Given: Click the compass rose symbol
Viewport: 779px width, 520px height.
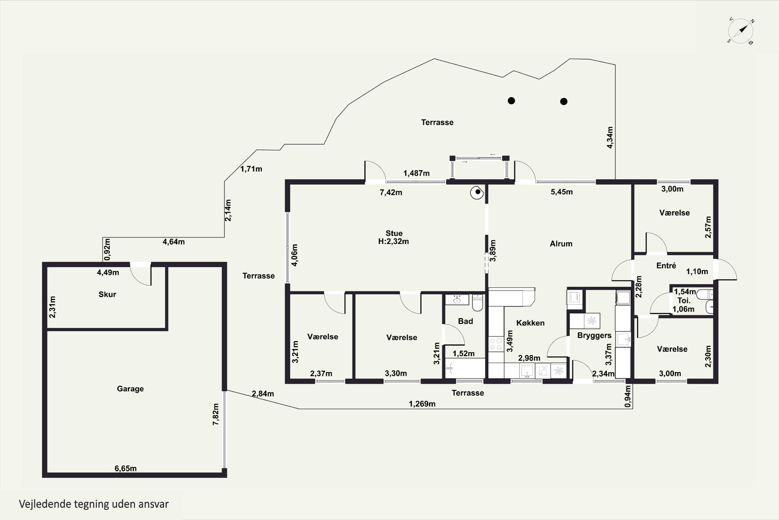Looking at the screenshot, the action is tap(741, 31).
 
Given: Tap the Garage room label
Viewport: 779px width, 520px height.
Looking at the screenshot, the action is tap(130, 389).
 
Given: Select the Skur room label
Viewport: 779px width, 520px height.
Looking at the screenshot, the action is tap(107, 294).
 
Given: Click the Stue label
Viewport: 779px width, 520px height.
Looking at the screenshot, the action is tap(394, 233).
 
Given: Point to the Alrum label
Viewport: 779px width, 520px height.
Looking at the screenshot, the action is tap(561, 244).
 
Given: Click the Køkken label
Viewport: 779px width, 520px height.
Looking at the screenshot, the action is tap(530, 323).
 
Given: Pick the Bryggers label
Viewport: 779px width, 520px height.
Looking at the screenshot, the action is tap(594, 336).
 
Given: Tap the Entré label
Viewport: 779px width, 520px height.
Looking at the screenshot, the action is tap(666, 265).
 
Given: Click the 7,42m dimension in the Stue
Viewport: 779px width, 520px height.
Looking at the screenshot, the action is tap(391, 192).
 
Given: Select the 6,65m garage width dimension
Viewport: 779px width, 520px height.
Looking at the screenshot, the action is tap(125, 468).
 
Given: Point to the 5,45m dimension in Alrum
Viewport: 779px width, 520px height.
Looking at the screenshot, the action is tap(562, 192).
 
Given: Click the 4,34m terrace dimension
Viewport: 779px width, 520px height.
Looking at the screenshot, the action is tap(610, 137).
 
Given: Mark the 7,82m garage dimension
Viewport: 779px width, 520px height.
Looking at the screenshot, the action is tap(216, 414).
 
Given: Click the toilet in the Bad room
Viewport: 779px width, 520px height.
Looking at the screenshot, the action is tap(477, 302).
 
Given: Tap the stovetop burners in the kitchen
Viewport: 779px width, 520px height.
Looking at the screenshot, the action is tap(496, 344).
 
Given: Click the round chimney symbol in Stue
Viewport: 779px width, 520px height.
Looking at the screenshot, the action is tap(477, 192).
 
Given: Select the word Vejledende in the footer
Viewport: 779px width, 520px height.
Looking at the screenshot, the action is tap(45, 504).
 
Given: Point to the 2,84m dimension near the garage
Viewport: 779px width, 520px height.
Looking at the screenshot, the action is tap(263, 394).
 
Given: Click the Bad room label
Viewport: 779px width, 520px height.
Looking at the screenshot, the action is tap(465, 321).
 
